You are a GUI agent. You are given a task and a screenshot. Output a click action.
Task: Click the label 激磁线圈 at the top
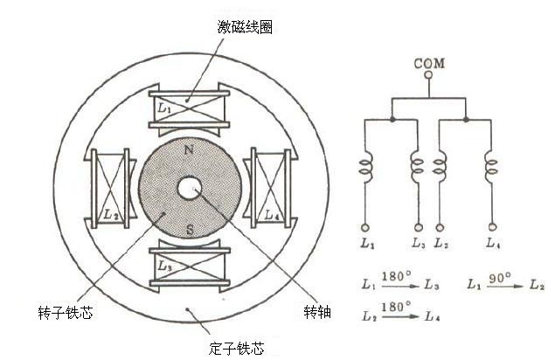(x=245, y=27)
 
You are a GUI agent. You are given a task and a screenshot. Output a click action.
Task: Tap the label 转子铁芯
(x=66, y=312)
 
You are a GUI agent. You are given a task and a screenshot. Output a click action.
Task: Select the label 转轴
(x=317, y=312)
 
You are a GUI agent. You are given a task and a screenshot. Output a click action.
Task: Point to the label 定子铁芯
(x=236, y=348)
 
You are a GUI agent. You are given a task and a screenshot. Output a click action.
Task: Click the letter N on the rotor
(x=189, y=150)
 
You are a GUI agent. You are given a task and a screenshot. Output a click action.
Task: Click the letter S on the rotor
(x=191, y=230)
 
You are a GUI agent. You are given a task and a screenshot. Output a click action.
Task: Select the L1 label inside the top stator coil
(x=164, y=108)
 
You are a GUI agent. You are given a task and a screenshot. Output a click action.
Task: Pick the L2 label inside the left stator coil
(x=111, y=214)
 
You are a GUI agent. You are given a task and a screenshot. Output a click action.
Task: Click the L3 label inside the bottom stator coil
(x=165, y=266)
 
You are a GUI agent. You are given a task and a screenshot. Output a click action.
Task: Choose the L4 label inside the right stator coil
(x=273, y=215)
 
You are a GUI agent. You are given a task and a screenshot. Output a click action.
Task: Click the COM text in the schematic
(x=429, y=63)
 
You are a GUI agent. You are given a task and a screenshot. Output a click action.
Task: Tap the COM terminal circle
(x=428, y=75)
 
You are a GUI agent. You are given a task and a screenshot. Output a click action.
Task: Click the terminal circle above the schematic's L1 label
(x=364, y=228)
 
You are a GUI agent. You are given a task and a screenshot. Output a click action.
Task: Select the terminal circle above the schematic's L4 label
(x=492, y=227)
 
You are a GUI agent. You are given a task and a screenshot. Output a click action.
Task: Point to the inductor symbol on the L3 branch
(x=417, y=166)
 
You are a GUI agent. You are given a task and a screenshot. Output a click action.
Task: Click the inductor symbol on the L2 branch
(x=440, y=166)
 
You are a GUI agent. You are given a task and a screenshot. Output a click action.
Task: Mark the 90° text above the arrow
(x=500, y=278)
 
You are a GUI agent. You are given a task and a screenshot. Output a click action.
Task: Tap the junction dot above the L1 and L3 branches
(x=392, y=120)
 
